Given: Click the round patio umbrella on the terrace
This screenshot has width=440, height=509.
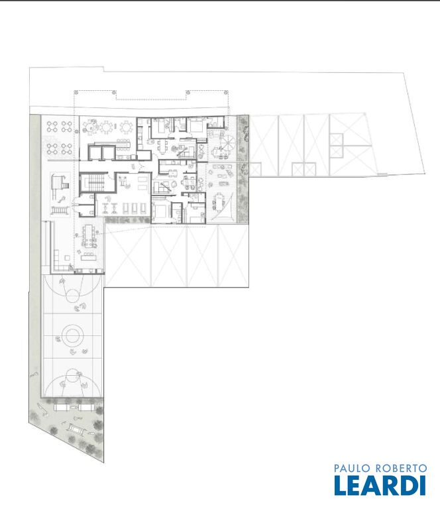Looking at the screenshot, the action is tap(227, 142).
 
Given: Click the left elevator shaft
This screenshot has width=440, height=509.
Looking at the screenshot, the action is tap(95, 152).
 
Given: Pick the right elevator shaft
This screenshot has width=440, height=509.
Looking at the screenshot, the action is tap(109, 152).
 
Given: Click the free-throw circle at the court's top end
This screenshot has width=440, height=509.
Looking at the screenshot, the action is tap(73, 296).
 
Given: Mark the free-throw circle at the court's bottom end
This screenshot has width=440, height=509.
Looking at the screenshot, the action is tap(72, 376).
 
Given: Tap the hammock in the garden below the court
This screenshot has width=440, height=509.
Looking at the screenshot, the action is tap(77, 429).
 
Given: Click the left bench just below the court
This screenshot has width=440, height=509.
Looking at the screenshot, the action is tap(60, 408).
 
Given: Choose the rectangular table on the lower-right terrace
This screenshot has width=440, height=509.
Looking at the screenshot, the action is tap(219, 201).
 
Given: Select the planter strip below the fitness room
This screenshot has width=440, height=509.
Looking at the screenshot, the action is tap(127, 220).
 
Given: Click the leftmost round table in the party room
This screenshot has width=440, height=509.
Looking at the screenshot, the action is tap(90, 127).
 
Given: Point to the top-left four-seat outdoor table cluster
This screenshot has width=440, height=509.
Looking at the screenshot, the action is tap(52, 127).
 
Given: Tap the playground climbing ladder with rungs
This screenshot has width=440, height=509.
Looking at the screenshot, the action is tap(60, 211).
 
